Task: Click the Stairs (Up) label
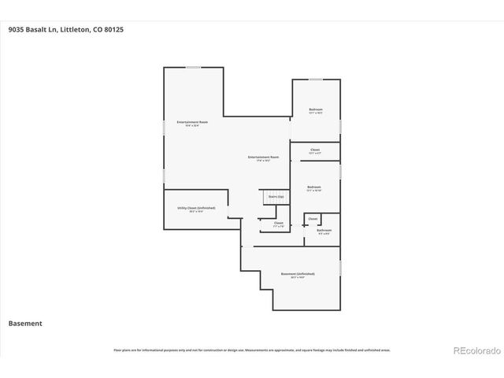click(x=276, y=196)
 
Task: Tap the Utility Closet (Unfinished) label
click(x=190, y=209)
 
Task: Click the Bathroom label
click(x=324, y=231)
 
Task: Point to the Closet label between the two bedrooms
click(x=315, y=150)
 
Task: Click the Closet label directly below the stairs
click(x=278, y=223)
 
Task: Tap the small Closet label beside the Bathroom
click(x=313, y=218)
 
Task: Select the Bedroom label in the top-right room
click(x=315, y=109)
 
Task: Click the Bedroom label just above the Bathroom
click(x=313, y=187)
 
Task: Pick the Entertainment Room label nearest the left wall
click(x=192, y=122)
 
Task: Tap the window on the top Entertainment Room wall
click(x=193, y=68)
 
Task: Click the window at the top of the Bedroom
click(x=315, y=79)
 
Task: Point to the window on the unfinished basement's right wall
click(x=340, y=269)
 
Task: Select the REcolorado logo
click(x=475, y=350)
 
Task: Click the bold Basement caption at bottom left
click(x=25, y=324)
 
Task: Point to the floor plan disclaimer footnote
click(x=252, y=350)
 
